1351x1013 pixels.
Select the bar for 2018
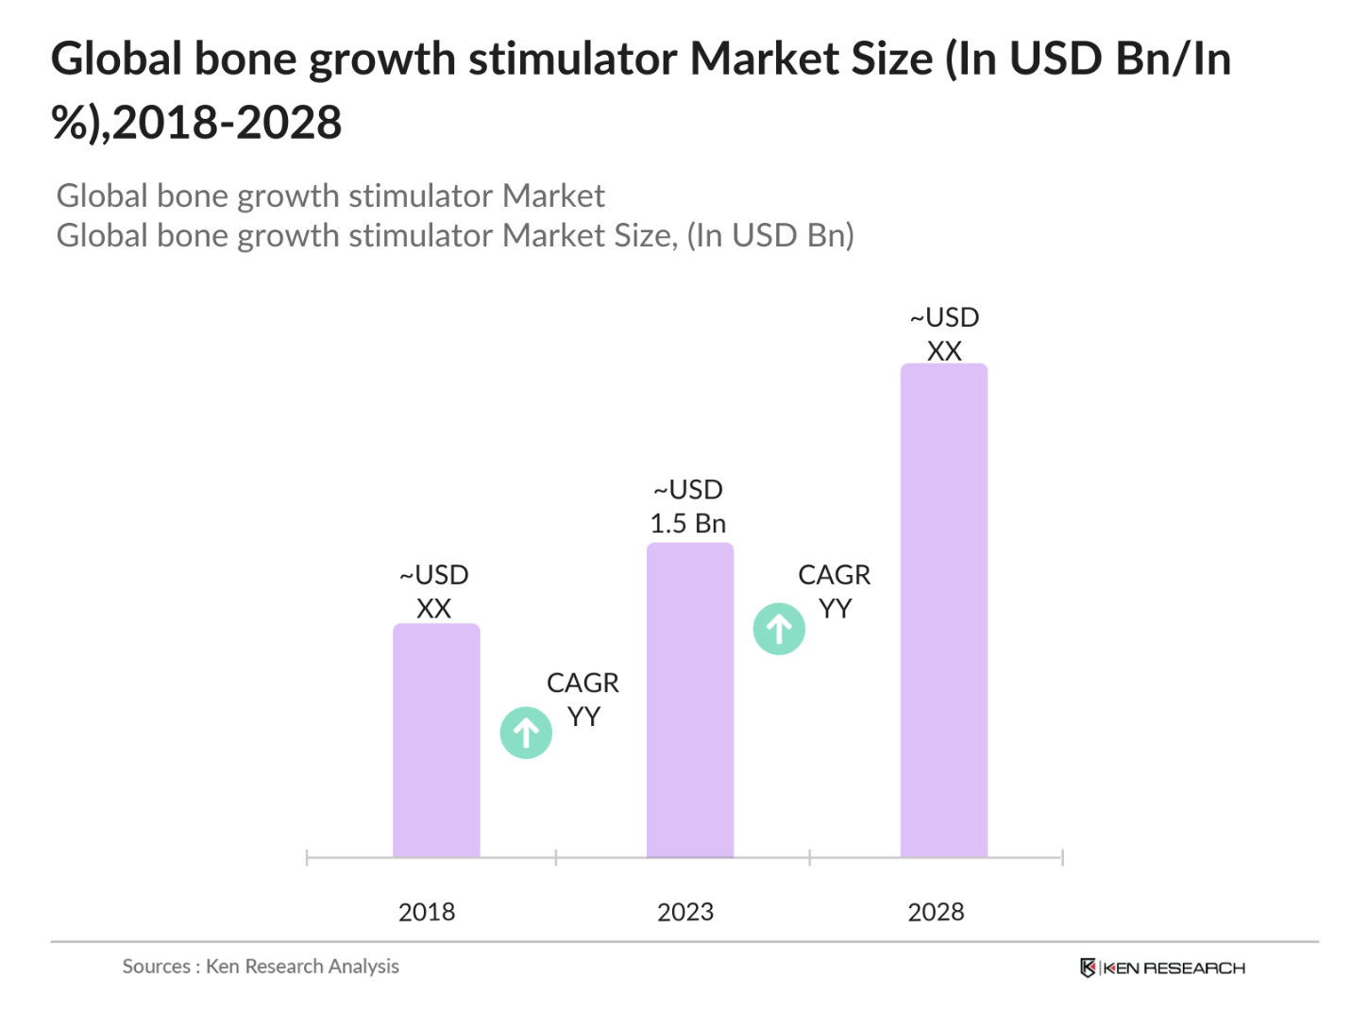[436, 740]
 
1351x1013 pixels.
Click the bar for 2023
[690, 700]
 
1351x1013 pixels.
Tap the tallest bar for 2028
[943, 610]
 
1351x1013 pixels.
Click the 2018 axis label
[427, 912]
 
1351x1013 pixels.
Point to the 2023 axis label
[685, 912]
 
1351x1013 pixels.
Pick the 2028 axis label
[936, 912]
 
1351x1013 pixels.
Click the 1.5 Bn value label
[688, 523]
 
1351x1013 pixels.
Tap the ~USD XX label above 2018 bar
[434, 592]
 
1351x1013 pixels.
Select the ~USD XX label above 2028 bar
[944, 334]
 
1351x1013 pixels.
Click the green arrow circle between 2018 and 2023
[526, 733]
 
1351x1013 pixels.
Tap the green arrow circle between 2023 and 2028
[779, 629]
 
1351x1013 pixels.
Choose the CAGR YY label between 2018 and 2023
[583, 700]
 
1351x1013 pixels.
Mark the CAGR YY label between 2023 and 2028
[835, 592]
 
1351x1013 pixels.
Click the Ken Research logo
[1162, 968]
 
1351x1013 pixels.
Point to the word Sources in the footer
[157, 967]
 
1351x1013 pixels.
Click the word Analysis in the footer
[363, 967]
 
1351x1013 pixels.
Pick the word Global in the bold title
[116, 59]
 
